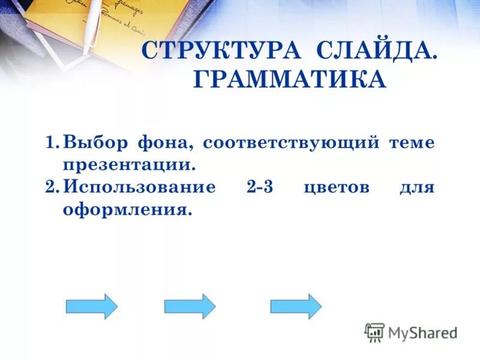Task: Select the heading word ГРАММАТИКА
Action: click(x=289, y=79)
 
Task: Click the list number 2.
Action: click(x=52, y=187)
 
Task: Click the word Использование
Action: click(x=139, y=187)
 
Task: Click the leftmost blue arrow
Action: click(x=91, y=306)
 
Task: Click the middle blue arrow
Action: click(x=190, y=306)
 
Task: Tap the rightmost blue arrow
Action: click(x=296, y=306)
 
